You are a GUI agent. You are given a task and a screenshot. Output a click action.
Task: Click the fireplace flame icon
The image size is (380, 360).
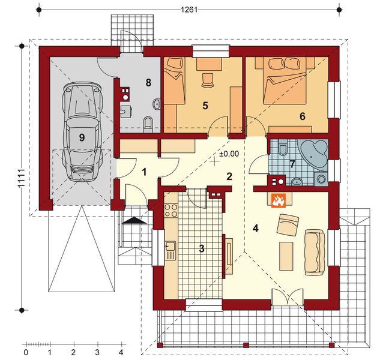[278, 201]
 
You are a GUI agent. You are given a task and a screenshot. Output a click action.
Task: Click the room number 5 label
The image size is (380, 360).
[205, 106]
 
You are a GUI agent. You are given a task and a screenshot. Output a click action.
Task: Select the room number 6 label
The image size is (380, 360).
[303, 116]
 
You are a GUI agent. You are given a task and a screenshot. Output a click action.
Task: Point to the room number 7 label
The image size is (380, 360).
[292, 164]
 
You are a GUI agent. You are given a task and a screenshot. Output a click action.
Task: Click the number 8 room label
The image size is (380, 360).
[148, 83]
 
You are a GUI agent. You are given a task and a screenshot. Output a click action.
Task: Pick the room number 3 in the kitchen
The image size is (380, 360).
[202, 248]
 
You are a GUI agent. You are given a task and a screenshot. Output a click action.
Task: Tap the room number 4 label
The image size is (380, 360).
[255, 228]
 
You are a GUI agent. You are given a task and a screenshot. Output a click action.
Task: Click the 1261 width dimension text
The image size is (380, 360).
[189, 10]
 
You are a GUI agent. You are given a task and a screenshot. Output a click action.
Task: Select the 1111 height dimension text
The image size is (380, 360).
[22, 178]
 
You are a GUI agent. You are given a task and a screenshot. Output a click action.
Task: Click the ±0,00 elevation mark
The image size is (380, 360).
[229, 154]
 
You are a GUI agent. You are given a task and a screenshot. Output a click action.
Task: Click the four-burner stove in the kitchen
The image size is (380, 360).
[171, 210]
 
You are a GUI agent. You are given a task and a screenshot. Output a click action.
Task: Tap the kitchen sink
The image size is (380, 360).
[171, 250]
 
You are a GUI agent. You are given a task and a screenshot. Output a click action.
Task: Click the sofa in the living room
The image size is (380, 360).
[315, 253]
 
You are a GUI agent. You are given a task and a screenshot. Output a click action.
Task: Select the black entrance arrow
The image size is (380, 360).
[134, 220]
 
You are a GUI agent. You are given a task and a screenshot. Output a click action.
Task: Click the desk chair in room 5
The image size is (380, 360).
[208, 79]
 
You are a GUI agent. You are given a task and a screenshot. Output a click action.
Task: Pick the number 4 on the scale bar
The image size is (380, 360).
[121, 352]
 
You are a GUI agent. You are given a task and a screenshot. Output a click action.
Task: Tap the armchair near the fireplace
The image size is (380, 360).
[288, 224]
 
